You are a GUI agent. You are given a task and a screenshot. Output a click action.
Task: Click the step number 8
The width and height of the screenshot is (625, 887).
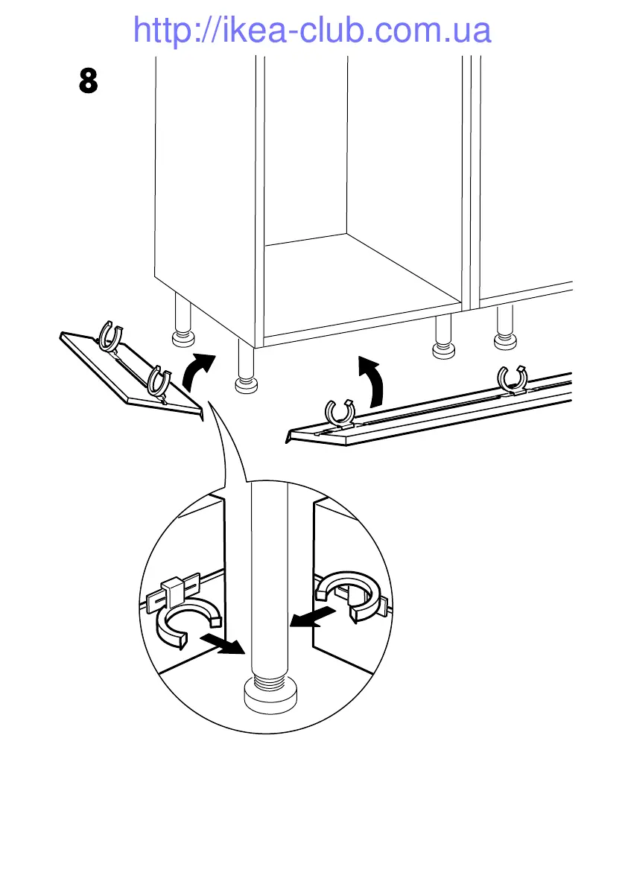pos(88,80)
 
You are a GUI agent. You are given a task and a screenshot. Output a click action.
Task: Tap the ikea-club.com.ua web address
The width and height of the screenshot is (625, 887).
pos(312,31)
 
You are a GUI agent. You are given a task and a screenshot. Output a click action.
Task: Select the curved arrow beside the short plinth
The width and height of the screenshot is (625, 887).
pos(197,372)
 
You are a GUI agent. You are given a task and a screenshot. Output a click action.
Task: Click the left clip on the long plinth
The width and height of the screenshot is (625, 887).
pos(340,413)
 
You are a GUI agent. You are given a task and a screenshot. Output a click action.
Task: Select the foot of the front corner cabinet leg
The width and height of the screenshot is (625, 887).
pos(246,385)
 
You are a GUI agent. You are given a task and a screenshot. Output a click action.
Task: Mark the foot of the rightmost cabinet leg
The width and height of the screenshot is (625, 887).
pos(506,342)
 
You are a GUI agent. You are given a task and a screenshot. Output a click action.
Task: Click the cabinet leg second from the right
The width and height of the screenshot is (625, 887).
pos(442,335)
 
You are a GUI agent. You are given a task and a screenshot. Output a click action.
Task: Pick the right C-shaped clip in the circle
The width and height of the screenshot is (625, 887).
pos(349,593)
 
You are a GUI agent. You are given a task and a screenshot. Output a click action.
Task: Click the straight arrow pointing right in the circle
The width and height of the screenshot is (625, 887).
pos(223,643)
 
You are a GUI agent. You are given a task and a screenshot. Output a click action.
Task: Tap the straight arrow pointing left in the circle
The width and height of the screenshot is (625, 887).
pos(311,617)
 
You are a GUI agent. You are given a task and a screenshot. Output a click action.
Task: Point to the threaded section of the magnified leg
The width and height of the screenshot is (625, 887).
pos(267,678)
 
